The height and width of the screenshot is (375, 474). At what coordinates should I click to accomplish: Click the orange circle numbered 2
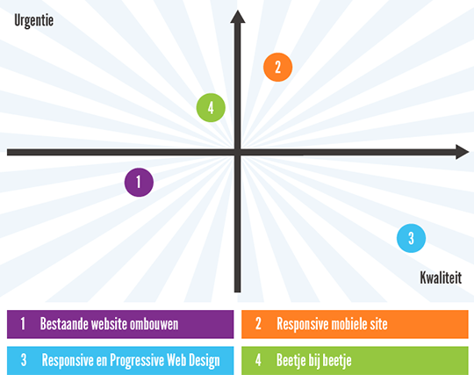point(277,67)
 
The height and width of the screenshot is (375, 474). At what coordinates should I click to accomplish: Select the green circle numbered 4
point(211,108)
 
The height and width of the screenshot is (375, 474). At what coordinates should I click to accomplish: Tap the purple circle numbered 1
point(139,182)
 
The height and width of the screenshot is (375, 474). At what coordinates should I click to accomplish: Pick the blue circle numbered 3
point(411,238)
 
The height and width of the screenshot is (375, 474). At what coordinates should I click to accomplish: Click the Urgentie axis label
point(34,21)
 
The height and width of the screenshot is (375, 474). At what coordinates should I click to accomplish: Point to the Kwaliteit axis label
point(441,278)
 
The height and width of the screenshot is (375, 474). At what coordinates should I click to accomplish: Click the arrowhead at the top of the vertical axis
point(238,17)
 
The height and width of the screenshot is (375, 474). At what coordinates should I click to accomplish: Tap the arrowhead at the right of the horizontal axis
point(463,152)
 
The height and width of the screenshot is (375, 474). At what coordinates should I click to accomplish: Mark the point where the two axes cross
point(238,152)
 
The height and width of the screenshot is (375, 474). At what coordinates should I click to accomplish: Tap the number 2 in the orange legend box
point(258,323)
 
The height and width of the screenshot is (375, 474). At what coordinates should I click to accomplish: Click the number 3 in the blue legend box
point(24,360)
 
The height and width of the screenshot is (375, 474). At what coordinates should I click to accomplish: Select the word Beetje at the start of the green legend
point(291,360)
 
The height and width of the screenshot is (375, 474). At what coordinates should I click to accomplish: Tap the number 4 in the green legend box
point(258,360)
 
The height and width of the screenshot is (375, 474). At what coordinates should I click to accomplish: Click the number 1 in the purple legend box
point(23,323)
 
